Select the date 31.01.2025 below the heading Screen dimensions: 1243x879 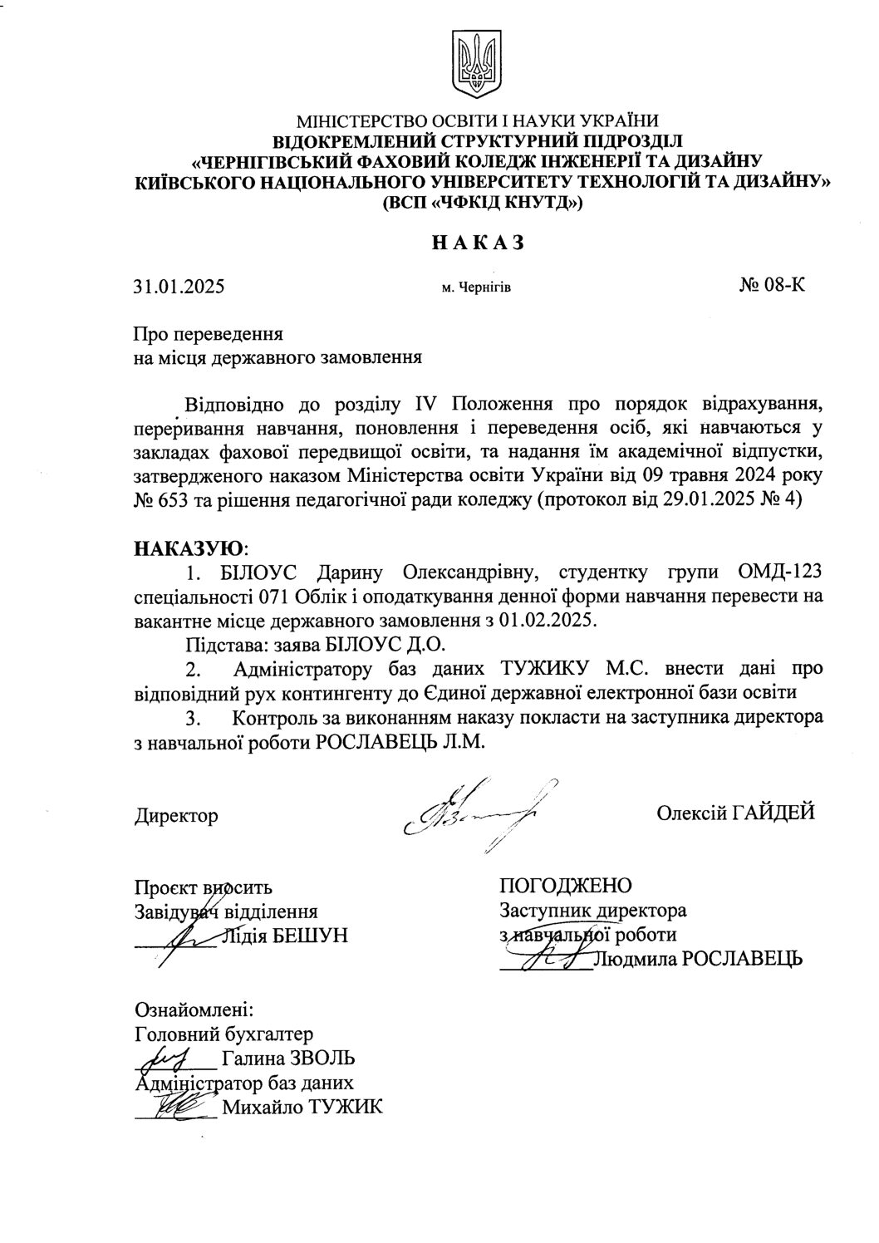179,288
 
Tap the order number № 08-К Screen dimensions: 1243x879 772,287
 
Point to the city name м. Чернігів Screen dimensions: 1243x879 476,289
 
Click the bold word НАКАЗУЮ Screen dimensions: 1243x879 190,549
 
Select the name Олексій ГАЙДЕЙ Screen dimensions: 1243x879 735,813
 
